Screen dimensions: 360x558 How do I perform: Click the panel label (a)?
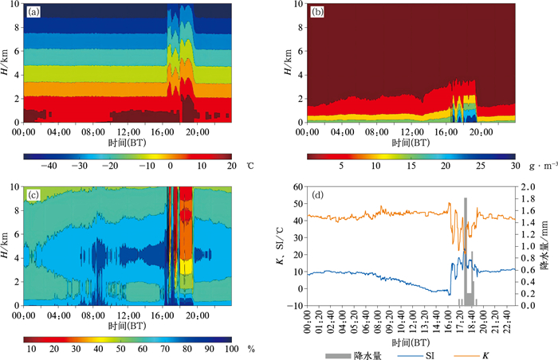pos(33,12)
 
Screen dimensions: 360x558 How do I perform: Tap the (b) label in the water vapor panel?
pos(318,12)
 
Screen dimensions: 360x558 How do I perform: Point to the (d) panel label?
pos(320,195)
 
